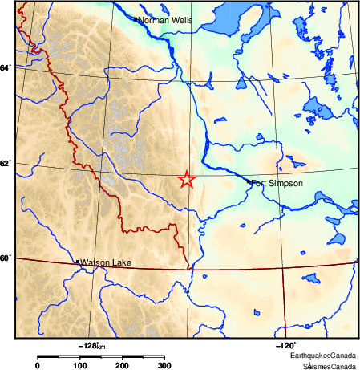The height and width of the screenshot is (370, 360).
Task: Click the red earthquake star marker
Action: (186, 180)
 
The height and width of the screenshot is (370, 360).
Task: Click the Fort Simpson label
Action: (277, 184)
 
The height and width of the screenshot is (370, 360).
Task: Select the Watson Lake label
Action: (106, 262)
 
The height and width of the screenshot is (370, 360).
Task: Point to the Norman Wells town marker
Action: (135, 18)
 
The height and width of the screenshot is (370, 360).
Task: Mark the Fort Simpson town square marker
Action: (249, 182)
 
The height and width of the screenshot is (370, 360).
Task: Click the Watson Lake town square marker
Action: (77, 262)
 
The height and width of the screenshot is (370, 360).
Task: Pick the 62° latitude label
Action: (6, 164)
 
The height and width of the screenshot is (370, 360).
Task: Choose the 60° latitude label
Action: (6, 258)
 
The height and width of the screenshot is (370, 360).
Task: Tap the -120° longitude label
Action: (285, 345)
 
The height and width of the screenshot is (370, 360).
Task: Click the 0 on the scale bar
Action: (38, 365)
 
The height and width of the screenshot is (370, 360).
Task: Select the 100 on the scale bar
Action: (80, 365)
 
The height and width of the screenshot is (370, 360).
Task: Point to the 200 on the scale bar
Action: (123, 365)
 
